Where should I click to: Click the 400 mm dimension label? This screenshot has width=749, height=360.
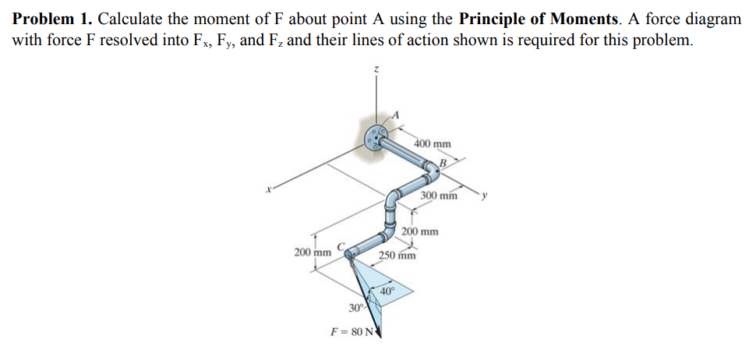pyautogui.click(x=433, y=143)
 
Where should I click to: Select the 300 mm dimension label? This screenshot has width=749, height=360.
pyautogui.click(x=439, y=196)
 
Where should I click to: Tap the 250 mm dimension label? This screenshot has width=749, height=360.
pyautogui.click(x=397, y=256)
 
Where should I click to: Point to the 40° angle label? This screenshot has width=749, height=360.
pyautogui.click(x=387, y=291)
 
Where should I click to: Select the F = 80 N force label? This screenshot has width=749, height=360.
pyautogui.click(x=352, y=331)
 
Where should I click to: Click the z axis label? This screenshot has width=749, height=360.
pyautogui.click(x=376, y=69)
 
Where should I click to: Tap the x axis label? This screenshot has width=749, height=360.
pyautogui.click(x=268, y=189)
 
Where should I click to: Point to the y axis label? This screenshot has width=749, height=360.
pyautogui.click(x=484, y=195)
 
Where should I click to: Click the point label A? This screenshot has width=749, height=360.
pyautogui.click(x=395, y=114)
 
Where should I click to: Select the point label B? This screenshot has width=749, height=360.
pyautogui.click(x=443, y=164)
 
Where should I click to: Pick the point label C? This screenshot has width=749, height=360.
pyautogui.click(x=341, y=246)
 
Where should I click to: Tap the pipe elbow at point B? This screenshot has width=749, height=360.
pyautogui.click(x=433, y=173)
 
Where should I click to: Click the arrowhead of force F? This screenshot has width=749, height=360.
pyautogui.click(x=380, y=331)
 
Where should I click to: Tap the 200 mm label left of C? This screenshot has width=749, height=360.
pyautogui.click(x=313, y=252)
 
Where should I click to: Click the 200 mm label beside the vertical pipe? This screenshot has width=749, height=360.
pyautogui.click(x=420, y=232)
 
